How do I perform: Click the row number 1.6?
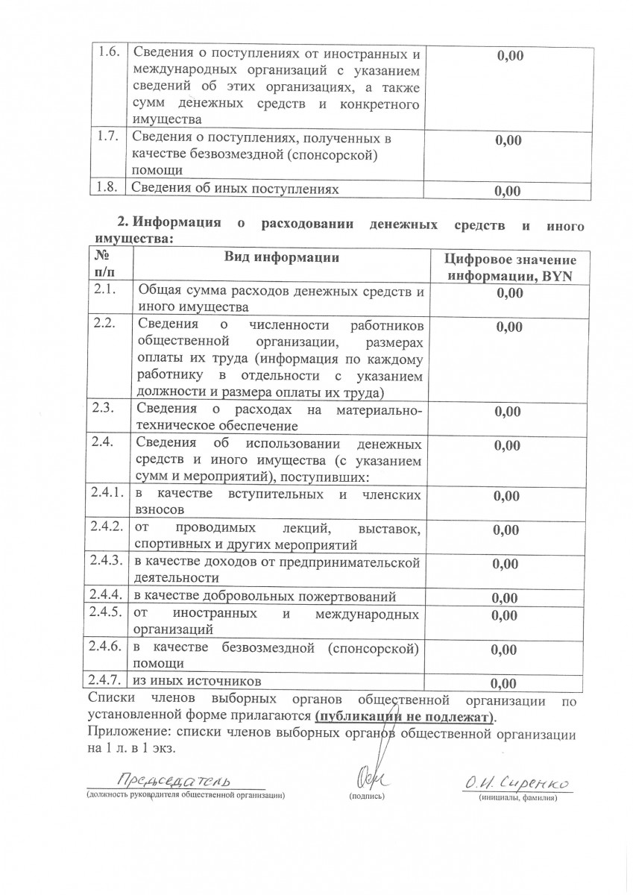click(109, 54)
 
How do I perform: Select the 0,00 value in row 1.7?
click(508, 140)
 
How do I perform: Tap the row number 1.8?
click(109, 189)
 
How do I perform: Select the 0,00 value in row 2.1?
click(510, 294)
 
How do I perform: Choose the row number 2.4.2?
click(106, 527)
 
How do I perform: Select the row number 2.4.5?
click(106, 612)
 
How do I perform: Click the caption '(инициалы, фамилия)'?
click(517, 797)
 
